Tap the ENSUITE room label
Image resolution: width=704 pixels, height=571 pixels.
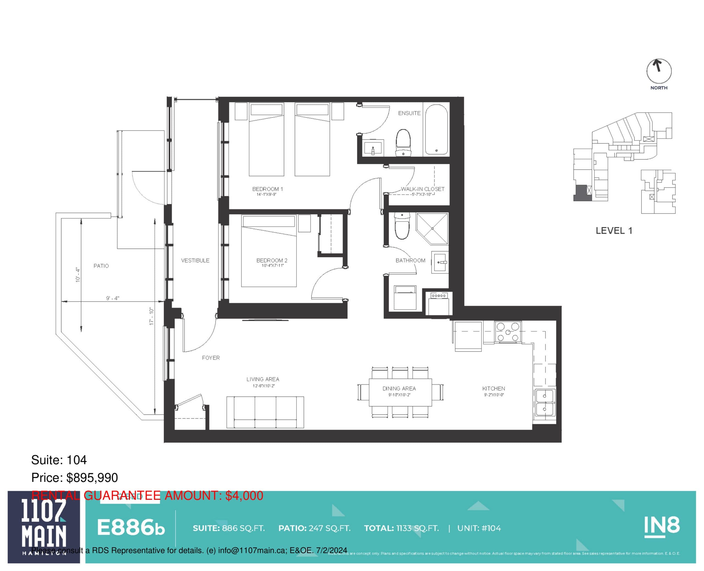[409, 113]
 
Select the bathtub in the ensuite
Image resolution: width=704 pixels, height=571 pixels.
[436, 130]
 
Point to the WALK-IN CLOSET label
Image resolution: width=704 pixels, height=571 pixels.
[422, 189]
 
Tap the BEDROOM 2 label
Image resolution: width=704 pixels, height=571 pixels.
[272, 260]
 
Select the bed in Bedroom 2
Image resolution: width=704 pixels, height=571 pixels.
[269, 252]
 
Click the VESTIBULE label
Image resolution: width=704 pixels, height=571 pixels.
[195, 260]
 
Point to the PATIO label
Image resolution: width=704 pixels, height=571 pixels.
[101, 266]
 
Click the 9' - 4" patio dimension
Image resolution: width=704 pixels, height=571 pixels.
[112, 298]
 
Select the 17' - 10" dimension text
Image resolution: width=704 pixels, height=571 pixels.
[151, 316]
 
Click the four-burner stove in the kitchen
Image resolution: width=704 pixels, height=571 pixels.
[508, 332]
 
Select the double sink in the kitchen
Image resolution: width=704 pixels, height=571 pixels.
[544, 403]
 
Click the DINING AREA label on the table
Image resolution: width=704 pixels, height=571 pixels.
[399, 388]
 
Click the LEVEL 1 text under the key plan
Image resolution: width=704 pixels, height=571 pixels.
[614, 230]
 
